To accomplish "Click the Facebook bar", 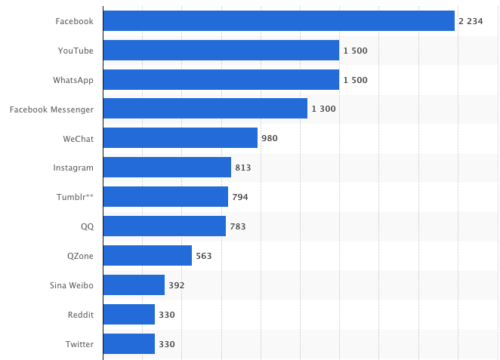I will [x=279, y=21].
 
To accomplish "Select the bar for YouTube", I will [x=221, y=51].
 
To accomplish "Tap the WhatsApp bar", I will [x=221, y=80].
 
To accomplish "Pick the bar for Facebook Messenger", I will [x=205, y=109].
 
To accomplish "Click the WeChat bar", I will [x=180, y=138].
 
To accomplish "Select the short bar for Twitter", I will [x=128, y=344].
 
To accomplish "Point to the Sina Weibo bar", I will [x=134, y=285].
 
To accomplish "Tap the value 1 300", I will [x=323, y=109].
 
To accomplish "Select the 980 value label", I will [x=270, y=138].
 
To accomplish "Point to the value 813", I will [x=243, y=168].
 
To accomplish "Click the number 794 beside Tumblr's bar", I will [x=240, y=197].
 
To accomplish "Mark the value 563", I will [x=204, y=256].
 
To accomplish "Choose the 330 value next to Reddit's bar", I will [x=167, y=315].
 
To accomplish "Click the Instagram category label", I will [x=73, y=168].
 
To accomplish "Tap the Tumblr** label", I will [x=76, y=197].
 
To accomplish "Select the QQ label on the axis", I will [x=87, y=226].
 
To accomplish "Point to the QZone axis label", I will [x=80, y=256].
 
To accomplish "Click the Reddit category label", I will [x=79, y=315].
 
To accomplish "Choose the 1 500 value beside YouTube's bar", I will [x=355, y=51].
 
